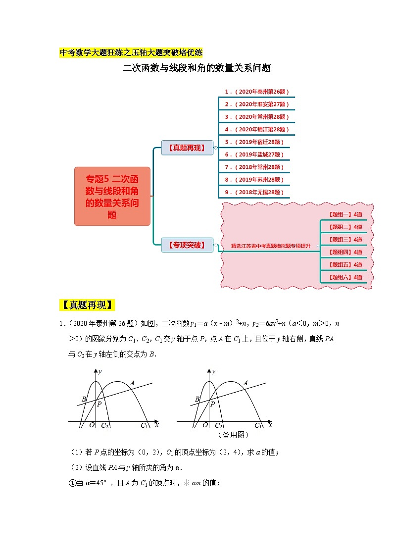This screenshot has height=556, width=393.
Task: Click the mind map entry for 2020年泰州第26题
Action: pyautogui.click(x=256, y=92)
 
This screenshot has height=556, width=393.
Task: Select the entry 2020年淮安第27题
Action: pyautogui.click(x=256, y=104)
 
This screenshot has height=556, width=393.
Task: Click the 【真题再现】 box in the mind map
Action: pyautogui.click(x=187, y=148)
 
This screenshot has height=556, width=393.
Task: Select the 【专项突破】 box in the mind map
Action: pyautogui.click(x=187, y=245)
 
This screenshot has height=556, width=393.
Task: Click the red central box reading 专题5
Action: pyautogui.click(x=112, y=197)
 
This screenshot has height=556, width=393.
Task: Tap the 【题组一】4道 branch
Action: pyautogui.click(x=345, y=214)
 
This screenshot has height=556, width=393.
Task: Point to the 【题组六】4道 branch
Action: pyautogui.click(x=345, y=277)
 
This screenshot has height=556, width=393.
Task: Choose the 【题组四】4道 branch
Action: pyautogui.click(x=345, y=252)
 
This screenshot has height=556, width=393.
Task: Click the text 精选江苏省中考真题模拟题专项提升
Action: pyautogui.click(x=271, y=246)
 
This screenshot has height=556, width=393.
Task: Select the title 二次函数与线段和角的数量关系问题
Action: pyautogui.click(x=196, y=68)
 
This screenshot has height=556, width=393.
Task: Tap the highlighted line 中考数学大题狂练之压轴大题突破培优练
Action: pyautogui.click(x=131, y=52)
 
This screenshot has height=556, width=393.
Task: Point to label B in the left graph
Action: pyautogui.click(x=84, y=399)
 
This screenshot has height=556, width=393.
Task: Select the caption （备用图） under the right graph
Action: pyautogui.click(x=233, y=435)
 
